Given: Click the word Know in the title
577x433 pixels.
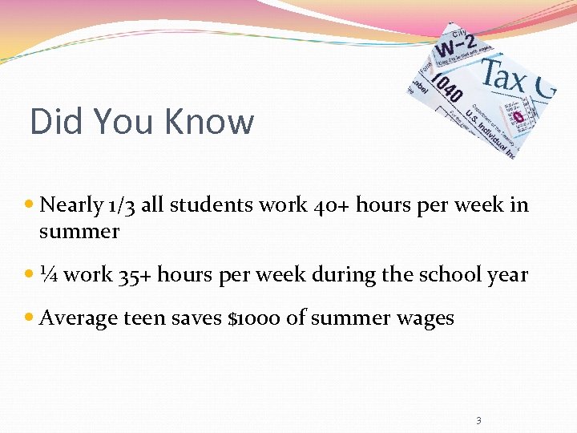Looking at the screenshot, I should point(209,123).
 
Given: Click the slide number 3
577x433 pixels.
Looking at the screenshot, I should point(478,420).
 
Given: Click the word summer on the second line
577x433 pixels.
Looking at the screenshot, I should point(79,233).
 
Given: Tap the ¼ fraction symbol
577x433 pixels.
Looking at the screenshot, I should point(48,275).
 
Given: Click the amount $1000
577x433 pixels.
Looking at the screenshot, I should point(255,318).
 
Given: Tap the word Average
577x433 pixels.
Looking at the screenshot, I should point(79,318).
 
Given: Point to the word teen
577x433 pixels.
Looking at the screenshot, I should point(143,318).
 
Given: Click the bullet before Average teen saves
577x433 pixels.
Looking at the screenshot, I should point(30,318).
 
